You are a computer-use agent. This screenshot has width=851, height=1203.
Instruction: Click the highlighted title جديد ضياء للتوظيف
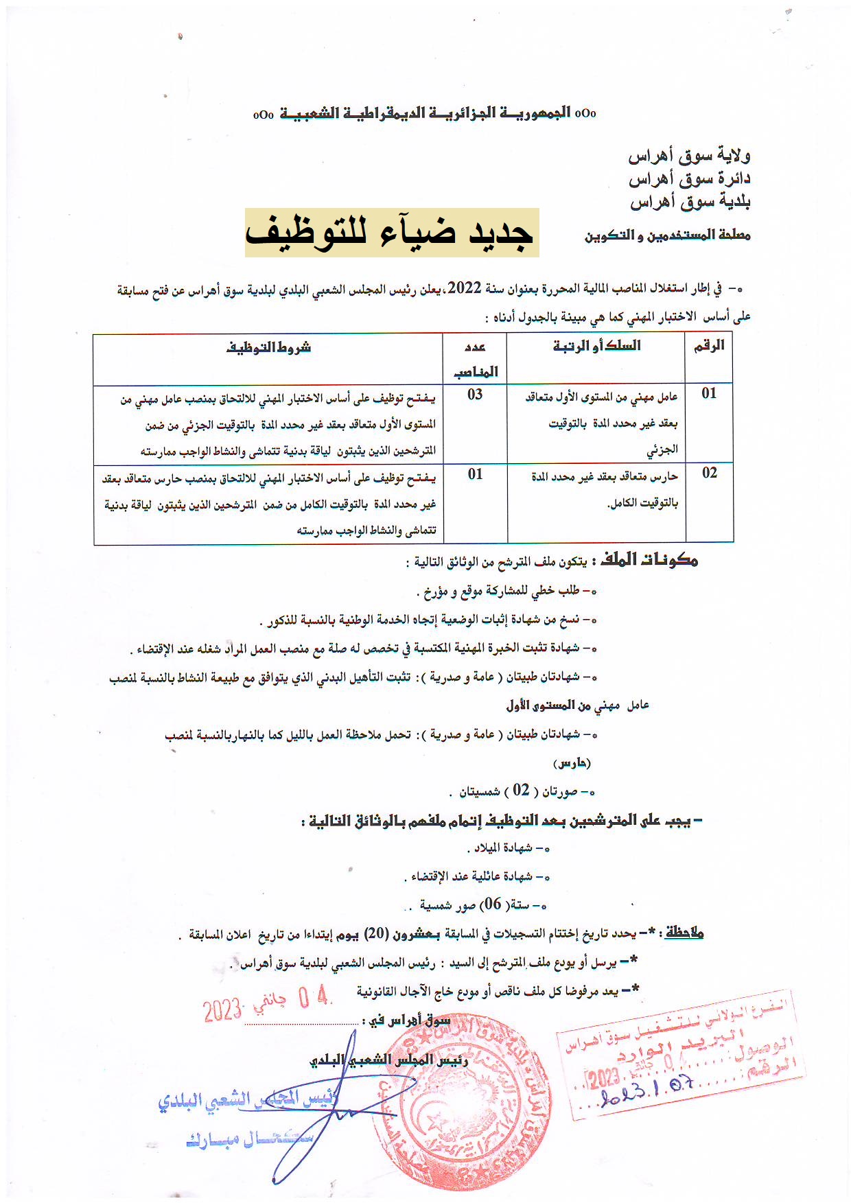click(x=391, y=233)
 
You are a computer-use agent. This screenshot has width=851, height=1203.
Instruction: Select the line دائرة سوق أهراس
click(x=689, y=179)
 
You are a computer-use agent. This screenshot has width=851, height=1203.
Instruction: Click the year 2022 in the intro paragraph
click(x=466, y=289)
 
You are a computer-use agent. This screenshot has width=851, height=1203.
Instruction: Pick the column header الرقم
click(x=709, y=347)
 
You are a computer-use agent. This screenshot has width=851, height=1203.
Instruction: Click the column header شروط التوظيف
click(x=268, y=348)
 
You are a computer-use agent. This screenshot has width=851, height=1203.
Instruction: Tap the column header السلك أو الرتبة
click(x=596, y=346)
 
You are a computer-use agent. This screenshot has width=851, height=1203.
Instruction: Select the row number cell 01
click(x=709, y=393)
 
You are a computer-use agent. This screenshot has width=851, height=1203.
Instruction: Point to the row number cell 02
click(x=709, y=473)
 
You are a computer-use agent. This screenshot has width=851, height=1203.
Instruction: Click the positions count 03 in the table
click(x=475, y=395)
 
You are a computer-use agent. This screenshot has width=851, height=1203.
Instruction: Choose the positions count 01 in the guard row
click(x=475, y=474)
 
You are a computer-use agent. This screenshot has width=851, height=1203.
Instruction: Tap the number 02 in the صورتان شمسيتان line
click(x=522, y=791)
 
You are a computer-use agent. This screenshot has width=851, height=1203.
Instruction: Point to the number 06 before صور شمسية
click(x=493, y=904)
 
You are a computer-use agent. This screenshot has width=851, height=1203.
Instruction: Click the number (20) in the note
click(x=375, y=933)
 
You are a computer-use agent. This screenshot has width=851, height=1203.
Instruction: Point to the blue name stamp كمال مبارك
click(x=249, y=1141)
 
